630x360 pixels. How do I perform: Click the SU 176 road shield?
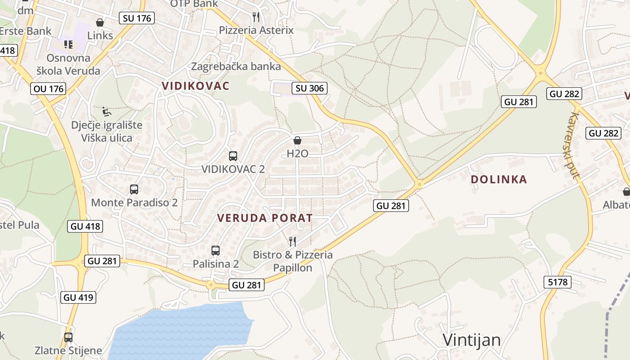click(x=137, y=18)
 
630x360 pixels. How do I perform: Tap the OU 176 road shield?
click(x=49, y=89)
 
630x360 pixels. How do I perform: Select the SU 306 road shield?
click(x=310, y=88)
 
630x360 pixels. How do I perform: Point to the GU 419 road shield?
click(x=78, y=297)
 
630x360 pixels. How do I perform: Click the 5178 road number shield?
click(x=558, y=282)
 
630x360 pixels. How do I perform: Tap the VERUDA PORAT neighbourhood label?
click(x=265, y=218)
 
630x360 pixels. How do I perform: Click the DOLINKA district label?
click(x=499, y=180)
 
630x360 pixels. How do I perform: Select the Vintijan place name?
click(x=472, y=340)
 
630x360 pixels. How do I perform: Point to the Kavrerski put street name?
click(x=572, y=145)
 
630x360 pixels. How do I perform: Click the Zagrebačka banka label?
click(x=236, y=67)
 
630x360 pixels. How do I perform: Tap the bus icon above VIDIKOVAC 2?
click(x=233, y=156)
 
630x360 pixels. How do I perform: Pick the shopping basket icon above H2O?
click(x=297, y=140)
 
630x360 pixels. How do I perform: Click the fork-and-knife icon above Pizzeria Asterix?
click(x=256, y=17)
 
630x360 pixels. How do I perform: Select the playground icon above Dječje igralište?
click(x=107, y=112)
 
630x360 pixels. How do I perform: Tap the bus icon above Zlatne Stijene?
click(x=68, y=337)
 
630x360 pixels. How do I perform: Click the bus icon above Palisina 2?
click(x=216, y=251)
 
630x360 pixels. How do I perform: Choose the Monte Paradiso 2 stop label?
click(x=134, y=202)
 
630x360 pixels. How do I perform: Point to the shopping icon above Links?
click(x=100, y=22)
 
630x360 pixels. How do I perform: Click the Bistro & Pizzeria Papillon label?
click(x=292, y=261)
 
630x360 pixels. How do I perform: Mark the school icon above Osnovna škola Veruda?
click(x=68, y=44)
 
